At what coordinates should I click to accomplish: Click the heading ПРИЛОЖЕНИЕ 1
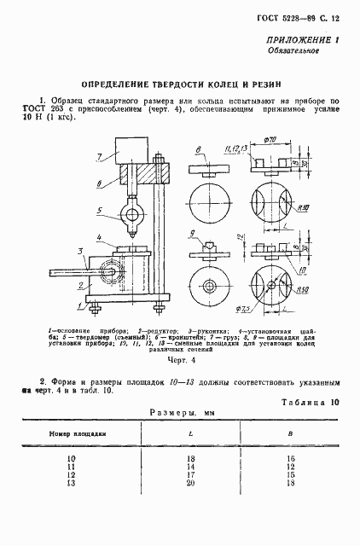pyautogui.click(x=304, y=40)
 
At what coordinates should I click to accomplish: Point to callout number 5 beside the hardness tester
pyautogui.click(x=99, y=210)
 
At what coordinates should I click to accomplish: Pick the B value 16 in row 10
pyautogui.click(x=291, y=459)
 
